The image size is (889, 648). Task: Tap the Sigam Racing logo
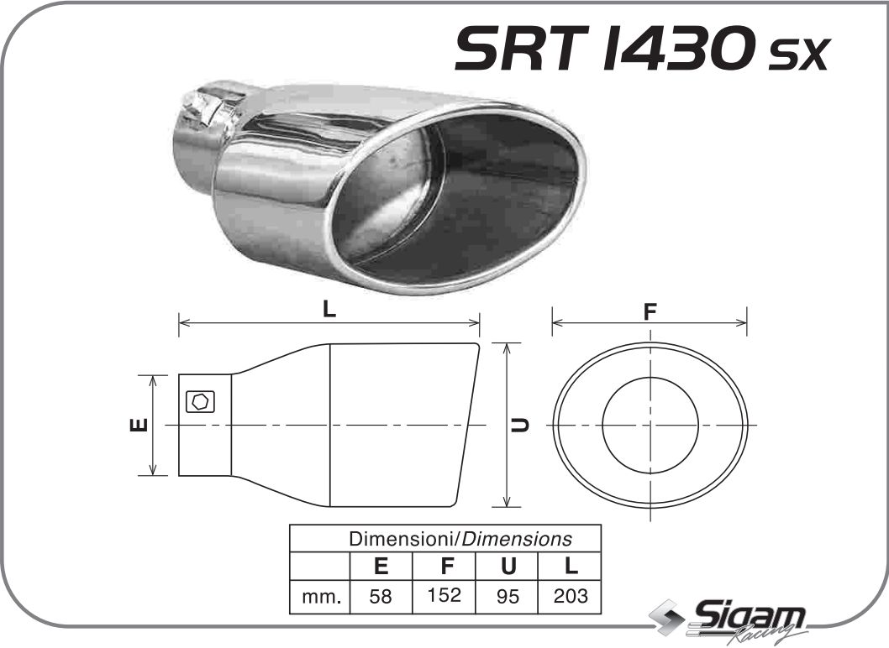(731, 621)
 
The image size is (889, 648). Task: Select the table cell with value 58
(381, 597)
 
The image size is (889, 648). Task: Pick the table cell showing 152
(444, 596)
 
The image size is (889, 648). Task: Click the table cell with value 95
(508, 597)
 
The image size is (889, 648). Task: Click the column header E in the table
(381, 566)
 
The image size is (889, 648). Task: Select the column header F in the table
(444, 566)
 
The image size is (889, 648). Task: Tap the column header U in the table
(508, 566)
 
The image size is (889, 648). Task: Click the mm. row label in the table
(320, 597)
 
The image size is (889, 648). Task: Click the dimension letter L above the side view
(329, 309)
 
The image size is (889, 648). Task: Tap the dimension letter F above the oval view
(649, 311)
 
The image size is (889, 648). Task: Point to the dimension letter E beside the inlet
(139, 425)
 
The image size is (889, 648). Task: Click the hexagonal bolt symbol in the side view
(200, 402)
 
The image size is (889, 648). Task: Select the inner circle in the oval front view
(650, 424)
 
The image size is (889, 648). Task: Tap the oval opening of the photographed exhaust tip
(458, 197)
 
